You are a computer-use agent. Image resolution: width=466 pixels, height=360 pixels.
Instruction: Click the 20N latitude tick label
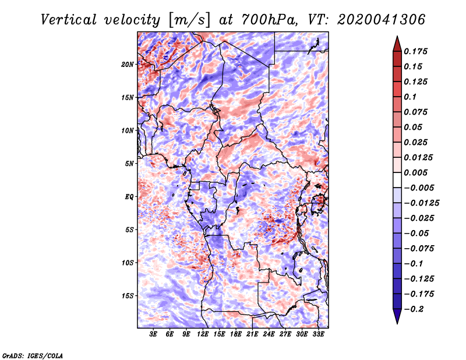coord(128,65)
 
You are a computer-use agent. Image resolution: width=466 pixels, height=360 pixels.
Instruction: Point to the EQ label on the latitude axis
coord(129,197)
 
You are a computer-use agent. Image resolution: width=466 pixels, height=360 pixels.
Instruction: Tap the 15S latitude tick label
coord(128,296)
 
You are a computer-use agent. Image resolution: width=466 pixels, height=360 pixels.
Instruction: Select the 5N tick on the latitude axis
coord(129,164)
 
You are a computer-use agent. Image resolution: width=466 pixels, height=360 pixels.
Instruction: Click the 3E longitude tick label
coord(153,334)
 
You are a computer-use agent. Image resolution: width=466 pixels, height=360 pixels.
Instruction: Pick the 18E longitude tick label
coord(236,334)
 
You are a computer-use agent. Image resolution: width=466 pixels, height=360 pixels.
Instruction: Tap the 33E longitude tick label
coord(318,334)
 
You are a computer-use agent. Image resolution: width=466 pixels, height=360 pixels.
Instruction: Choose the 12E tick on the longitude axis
coord(203,334)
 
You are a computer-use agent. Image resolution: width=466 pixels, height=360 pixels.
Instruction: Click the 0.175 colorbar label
coord(415,51)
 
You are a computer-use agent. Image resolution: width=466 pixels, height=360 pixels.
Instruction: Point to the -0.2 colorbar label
coord(414,309)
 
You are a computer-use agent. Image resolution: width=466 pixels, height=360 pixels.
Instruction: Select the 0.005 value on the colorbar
coord(415,172)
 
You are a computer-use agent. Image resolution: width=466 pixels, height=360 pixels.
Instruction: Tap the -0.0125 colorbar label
coord(421,203)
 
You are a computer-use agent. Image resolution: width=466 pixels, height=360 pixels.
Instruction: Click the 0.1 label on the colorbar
coord(410,97)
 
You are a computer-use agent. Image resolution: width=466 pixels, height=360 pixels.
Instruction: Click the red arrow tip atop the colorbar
coord(397,37)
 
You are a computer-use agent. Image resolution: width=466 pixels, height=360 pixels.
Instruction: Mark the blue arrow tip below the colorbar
coord(397,323)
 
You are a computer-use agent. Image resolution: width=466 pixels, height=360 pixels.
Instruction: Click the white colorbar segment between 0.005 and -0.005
coord(397,180)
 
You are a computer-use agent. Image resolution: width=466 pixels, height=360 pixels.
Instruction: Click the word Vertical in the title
coord(69,20)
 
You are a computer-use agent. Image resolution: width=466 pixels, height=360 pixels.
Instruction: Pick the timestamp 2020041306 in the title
coord(382,20)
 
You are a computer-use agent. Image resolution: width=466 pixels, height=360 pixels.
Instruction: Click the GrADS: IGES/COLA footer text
coord(33,355)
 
